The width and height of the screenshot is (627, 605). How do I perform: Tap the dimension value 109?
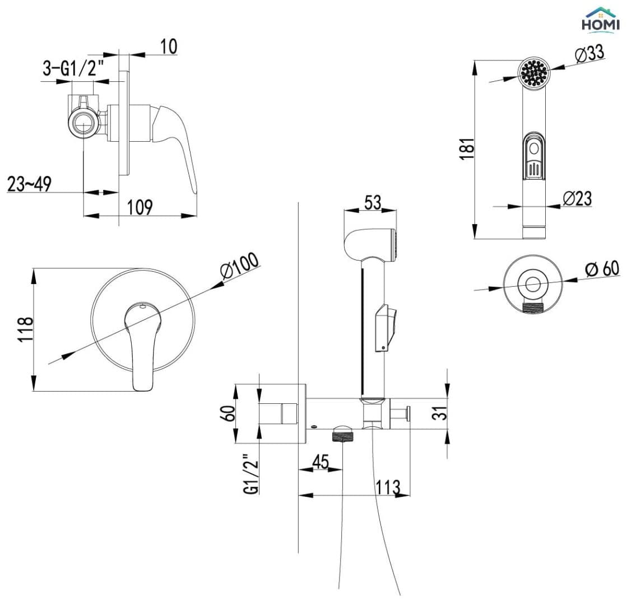coord(140,207)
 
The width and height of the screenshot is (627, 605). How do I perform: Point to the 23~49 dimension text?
coord(29,184)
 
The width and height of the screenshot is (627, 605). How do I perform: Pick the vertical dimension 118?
coord(25,329)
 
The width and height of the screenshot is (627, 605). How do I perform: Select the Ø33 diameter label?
coord(589,54)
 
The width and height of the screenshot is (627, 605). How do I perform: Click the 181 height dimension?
coord(467,149)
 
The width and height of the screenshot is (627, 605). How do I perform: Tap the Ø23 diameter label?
coord(577,198)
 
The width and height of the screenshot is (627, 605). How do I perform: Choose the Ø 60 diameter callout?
coord(602,268)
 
